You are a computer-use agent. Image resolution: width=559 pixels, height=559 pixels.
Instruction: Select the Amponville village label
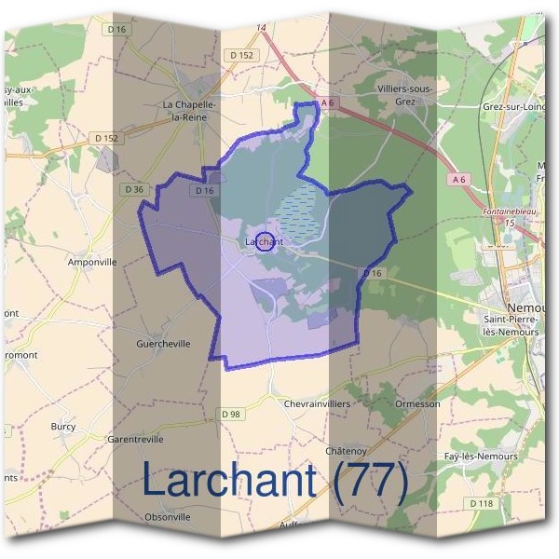(x=92, y=263)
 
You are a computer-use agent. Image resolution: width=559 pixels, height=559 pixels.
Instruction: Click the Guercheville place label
(x=163, y=344)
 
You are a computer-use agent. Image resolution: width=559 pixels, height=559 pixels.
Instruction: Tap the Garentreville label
(x=136, y=438)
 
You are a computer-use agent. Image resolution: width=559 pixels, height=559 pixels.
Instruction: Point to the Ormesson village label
(x=417, y=404)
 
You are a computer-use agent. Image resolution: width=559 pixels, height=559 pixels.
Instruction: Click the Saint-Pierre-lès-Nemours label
(x=511, y=325)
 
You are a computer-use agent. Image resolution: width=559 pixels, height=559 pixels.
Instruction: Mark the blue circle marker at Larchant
(x=265, y=241)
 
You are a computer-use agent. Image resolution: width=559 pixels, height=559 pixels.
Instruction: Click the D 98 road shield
(x=232, y=414)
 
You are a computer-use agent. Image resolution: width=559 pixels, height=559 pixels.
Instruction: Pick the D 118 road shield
(x=481, y=503)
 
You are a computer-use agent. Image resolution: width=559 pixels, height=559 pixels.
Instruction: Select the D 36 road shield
(x=134, y=189)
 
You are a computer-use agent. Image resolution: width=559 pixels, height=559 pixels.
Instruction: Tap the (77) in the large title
(x=370, y=481)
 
